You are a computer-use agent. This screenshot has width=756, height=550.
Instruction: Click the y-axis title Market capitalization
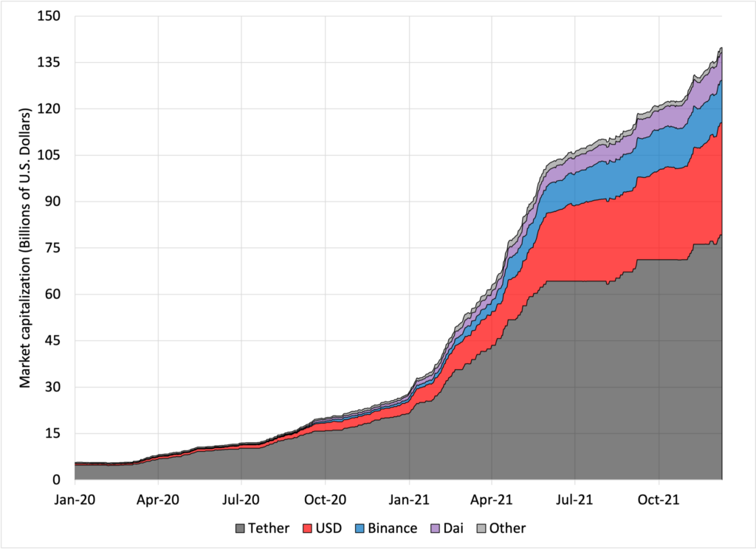[x=24, y=248]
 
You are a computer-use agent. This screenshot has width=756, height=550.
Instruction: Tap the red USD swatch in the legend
[x=309, y=528]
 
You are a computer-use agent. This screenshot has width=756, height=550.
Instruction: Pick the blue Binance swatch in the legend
[x=362, y=528]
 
